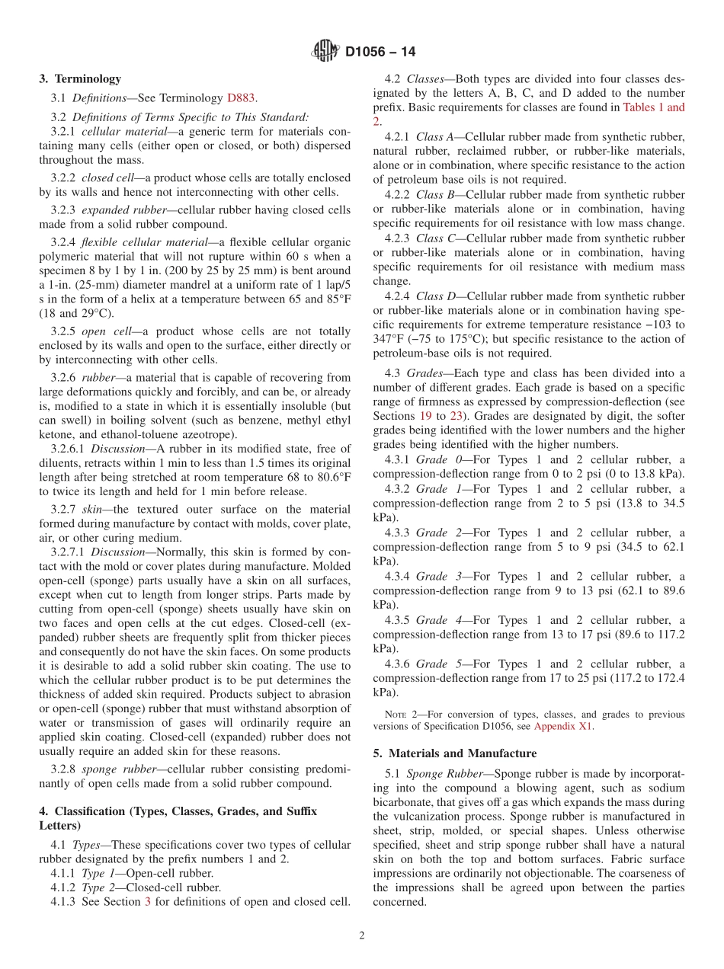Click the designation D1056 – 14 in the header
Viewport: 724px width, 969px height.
click(x=380, y=53)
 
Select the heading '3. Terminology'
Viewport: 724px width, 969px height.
click(x=80, y=78)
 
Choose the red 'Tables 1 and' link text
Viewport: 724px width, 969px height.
click(x=653, y=107)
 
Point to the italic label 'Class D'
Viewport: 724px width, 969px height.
click(x=434, y=296)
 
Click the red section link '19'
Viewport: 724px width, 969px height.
click(x=426, y=416)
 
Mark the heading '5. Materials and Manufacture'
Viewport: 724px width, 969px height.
click(x=454, y=753)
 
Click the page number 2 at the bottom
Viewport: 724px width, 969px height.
click(x=362, y=935)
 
